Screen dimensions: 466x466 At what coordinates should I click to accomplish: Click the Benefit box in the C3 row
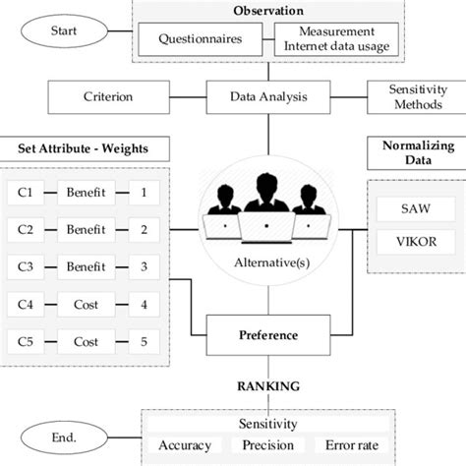86,266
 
